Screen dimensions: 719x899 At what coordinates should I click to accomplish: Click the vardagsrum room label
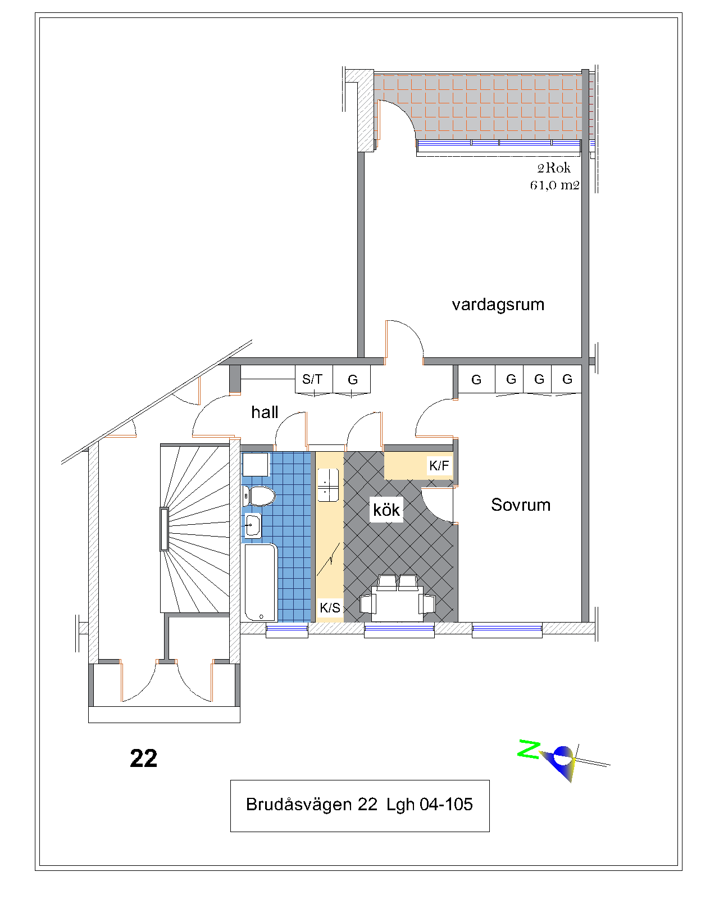pos(498,305)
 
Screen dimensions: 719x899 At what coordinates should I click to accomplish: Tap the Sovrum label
pos(521,505)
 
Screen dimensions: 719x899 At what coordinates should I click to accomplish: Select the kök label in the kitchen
pos(386,510)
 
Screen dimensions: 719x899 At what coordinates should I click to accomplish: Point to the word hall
pos(265,412)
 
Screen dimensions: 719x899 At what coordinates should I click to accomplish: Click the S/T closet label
pos(312,379)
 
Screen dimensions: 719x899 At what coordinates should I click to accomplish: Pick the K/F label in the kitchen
pos(439,465)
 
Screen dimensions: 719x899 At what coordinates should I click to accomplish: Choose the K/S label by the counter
pos(330,608)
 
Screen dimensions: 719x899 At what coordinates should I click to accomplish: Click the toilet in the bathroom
pos(259,496)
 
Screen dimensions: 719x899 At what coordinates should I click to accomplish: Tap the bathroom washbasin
pos(253,525)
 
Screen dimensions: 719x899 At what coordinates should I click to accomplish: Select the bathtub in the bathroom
pos(261,583)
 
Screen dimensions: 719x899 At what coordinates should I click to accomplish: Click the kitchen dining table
pos(397,603)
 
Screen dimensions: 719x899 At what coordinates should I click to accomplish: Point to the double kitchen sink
pos(328,485)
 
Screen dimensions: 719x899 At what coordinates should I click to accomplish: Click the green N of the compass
pos(529,749)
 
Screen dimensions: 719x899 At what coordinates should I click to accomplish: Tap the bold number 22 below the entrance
pos(144,758)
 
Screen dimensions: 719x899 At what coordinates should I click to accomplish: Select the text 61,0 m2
pos(555,185)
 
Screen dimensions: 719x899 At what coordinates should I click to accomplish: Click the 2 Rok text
pos(554,168)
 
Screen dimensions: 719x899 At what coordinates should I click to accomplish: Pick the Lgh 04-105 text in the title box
pos(430,805)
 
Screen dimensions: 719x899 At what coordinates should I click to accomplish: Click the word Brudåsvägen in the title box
pos(299,805)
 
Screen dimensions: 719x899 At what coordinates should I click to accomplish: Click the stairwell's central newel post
pos(164,529)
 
